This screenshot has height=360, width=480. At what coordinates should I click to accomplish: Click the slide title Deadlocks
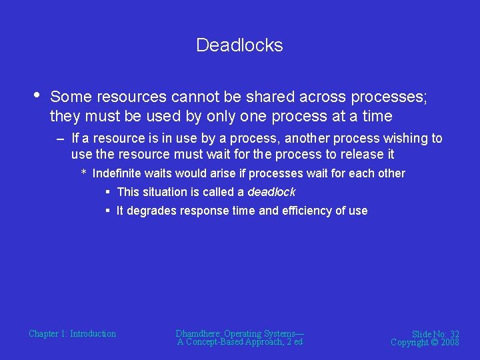tap(239, 45)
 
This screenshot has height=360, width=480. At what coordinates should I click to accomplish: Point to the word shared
tap(264, 97)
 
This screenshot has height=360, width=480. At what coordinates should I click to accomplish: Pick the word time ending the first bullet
tap(376, 116)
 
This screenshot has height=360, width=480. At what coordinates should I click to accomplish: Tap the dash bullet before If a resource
tap(61, 139)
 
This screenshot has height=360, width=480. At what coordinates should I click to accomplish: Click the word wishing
tap(405, 139)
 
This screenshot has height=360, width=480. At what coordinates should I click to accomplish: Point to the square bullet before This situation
tap(107, 192)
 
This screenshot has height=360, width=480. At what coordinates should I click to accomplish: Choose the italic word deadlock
tap(271, 192)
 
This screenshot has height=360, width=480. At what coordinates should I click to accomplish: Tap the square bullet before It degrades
tap(107, 211)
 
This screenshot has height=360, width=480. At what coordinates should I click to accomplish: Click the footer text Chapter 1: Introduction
tap(72, 333)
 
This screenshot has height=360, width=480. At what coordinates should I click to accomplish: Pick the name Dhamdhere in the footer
tap(198, 333)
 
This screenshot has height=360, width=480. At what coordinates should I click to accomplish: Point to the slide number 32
tap(454, 334)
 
